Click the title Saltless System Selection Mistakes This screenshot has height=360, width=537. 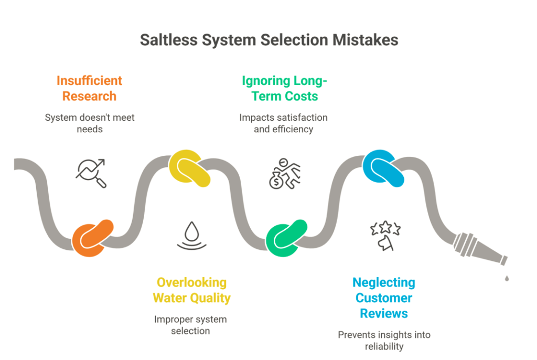point(268,40)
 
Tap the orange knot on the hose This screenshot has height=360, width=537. point(93,237)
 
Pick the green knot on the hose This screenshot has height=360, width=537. point(286,237)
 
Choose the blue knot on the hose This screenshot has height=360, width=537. point(383,168)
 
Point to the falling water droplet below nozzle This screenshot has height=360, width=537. point(507,278)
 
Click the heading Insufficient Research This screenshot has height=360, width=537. point(89,88)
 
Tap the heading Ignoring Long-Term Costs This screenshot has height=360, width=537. point(284,88)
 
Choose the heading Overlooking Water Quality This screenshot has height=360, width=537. point(191,290)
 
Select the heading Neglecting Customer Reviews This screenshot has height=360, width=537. point(384,298)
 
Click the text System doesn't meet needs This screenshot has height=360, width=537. point(89,123)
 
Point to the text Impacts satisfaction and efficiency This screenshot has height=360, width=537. point(284,123)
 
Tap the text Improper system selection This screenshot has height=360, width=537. point(190,325)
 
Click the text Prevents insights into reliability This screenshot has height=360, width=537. point(384,341)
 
